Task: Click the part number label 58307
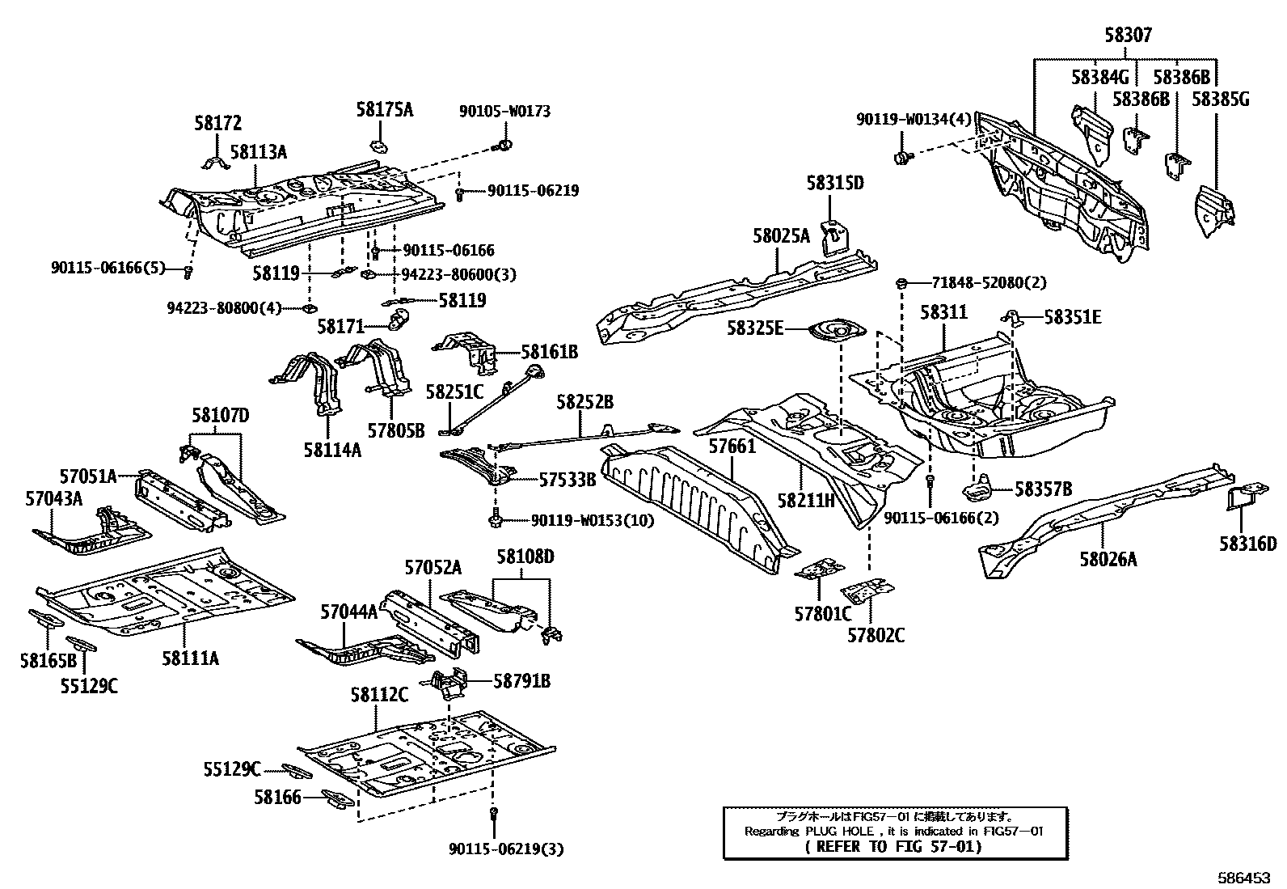click(x=1128, y=36)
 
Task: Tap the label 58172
click(x=217, y=124)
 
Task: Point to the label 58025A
click(x=780, y=236)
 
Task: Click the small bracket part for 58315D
click(x=833, y=235)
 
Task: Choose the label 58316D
click(x=1247, y=544)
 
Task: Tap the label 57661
click(x=732, y=447)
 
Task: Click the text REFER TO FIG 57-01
click(x=893, y=846)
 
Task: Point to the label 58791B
click(x=521, y=682)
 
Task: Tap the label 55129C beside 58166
click(x=232, y=769)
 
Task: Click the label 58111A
click(x=190, y=658)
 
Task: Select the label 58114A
click(x=332, y=450)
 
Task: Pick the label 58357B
click(x=1043, y=489)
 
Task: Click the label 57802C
click(x=876, y=635)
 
